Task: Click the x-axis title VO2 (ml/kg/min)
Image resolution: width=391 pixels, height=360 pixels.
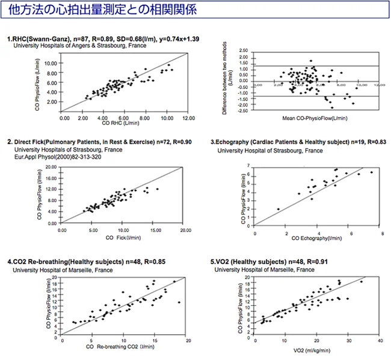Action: coord(318,349)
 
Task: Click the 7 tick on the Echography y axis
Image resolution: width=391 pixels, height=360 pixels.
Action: coord(249,165)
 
